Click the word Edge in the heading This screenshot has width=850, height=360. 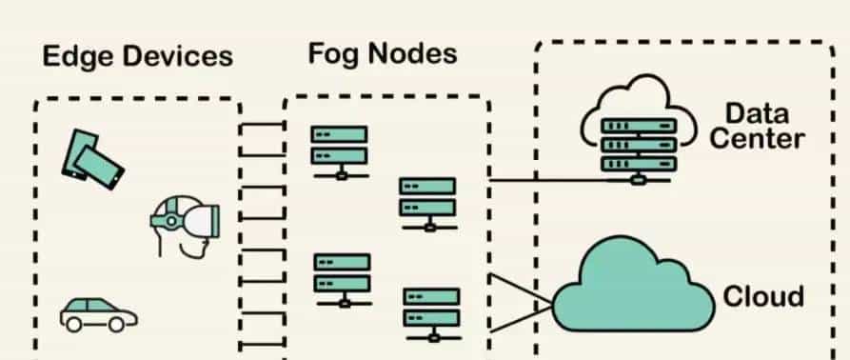click(77, 56)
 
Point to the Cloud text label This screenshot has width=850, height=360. click(763, 296)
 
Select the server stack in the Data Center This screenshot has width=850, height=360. click(639, 143)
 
